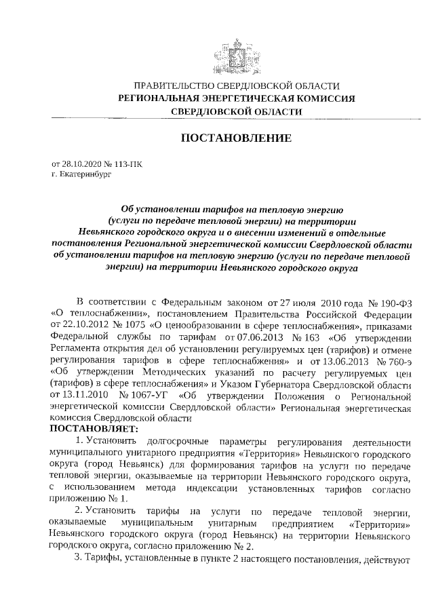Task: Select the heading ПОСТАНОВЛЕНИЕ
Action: [237, 138]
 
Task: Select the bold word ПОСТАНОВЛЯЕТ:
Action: [94, 429]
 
